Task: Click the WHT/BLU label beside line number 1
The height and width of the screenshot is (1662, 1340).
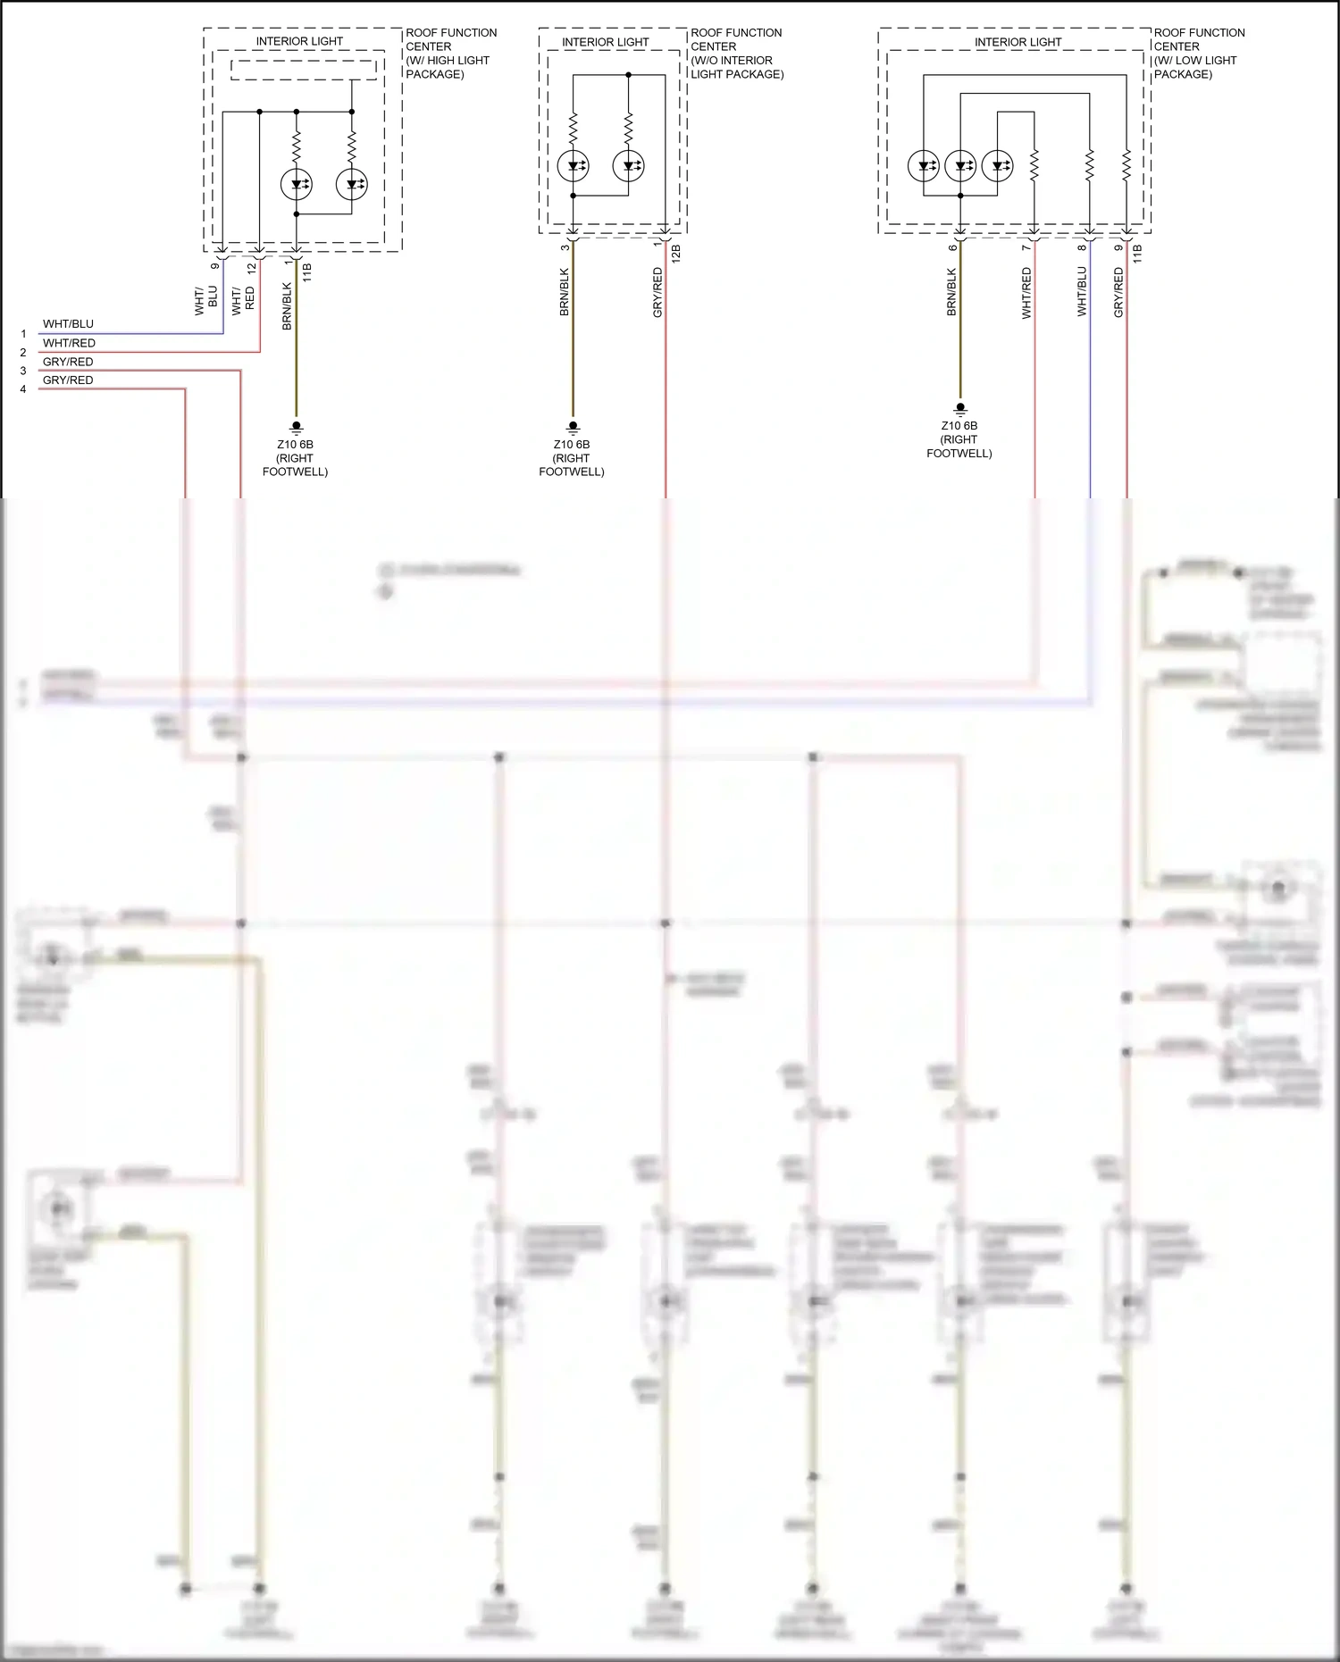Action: [68, 324]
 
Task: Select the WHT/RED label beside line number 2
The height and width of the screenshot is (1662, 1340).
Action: [69, 343]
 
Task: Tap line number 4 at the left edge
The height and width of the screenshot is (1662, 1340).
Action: [23, 389]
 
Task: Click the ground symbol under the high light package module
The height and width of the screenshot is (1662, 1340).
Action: [297, 428]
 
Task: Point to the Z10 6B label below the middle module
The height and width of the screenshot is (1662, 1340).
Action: [572, 444]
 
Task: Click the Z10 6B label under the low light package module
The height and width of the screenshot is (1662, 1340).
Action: [959, 426]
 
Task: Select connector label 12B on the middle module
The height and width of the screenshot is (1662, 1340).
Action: [676, 253]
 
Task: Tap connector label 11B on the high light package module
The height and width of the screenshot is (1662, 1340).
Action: [307, 272]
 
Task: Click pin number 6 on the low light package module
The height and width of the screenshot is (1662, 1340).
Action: [953, 247]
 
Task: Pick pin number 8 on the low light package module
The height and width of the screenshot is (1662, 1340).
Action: [1082, 247]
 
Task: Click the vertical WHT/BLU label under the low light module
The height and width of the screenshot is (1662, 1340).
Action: [1082, 291]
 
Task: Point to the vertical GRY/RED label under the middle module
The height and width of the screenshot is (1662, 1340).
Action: [658, 292]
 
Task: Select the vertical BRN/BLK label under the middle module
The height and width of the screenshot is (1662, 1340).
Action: [565, 292]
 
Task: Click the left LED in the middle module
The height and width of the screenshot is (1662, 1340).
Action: [573, 165]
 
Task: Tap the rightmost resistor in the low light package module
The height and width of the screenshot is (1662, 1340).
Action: [1126, 165]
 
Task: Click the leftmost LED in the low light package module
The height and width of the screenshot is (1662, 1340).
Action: [924, 165]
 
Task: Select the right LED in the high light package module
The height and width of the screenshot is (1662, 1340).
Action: [351, 184]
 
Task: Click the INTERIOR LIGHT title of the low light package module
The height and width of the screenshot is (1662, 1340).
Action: [1018, 42]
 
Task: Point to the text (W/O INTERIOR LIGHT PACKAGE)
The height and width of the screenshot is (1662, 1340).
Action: [737, 67]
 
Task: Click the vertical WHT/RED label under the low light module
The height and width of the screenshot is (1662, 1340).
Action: [1026, 293]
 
